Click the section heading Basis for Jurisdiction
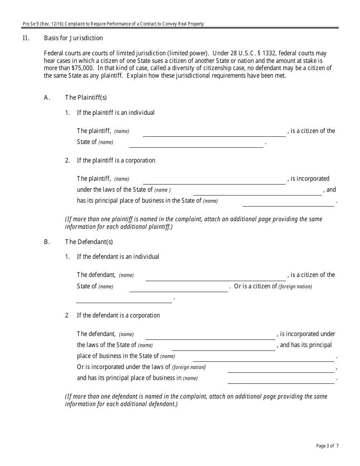[73, 38]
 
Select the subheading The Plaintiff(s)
[86, 98]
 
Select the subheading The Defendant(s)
[89, 242]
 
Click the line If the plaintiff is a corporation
[116, 161]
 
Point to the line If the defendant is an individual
[118, 257]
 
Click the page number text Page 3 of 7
[327, 446]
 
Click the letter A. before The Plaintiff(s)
[47, 98]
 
